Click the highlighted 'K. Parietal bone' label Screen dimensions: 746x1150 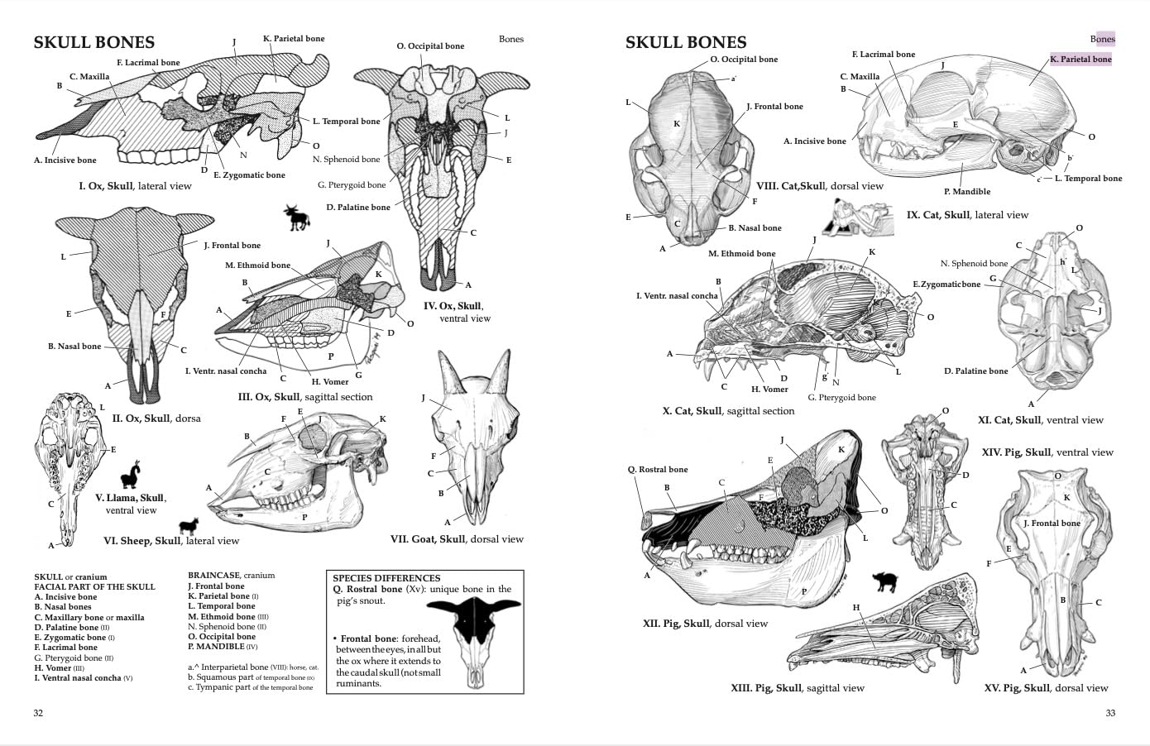click(x=1081, y=60)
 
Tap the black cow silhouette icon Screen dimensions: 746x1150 click(x=296, y=218)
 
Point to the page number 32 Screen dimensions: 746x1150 click(x=38, y=713)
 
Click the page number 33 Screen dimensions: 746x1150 click(x=1110, y=713)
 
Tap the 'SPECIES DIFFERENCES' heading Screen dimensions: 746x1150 click(x=386, y=578)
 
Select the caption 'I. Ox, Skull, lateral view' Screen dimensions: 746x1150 click(x=135, y=186)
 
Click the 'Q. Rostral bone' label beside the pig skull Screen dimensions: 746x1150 click(x=658, y=470)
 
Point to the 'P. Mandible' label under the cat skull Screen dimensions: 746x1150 click(x=966, y=192)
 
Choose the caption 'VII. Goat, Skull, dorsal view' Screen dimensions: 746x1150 click(x=457, y=539)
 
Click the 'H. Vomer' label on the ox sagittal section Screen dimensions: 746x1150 click(x=330, y=382)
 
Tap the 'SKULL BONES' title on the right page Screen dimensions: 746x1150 click(x=686, y=43)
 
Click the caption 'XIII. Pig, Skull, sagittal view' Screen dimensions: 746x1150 click(x=797, y=688)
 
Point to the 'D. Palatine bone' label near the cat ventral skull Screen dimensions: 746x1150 click(x=976, y=371)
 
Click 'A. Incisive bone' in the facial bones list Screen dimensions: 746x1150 click(x=65, y=597)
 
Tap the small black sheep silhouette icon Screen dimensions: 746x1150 click(x=189, y=527)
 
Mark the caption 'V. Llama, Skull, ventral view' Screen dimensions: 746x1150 click(x=131, y=504)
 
